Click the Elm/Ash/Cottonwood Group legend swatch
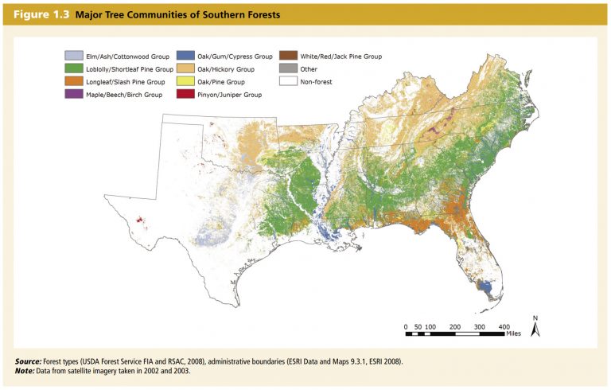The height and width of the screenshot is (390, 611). pos(73,57)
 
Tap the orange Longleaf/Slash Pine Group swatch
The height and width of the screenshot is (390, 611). pos(73,82)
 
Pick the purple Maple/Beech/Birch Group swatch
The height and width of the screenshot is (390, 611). pos(73,95)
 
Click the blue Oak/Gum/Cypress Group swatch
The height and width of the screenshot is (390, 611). pos(185,57)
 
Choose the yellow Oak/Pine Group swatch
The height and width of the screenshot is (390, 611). pos(185,82)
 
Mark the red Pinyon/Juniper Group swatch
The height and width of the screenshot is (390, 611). pos(185,95)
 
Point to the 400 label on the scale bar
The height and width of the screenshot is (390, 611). pos(504,327)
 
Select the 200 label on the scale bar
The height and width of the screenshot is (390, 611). pos(455,327)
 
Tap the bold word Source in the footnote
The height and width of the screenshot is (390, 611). pos(29,362)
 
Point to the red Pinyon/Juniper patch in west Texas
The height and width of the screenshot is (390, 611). pos(140,220)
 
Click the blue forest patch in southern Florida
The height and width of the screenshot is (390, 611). pos(482,283)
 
